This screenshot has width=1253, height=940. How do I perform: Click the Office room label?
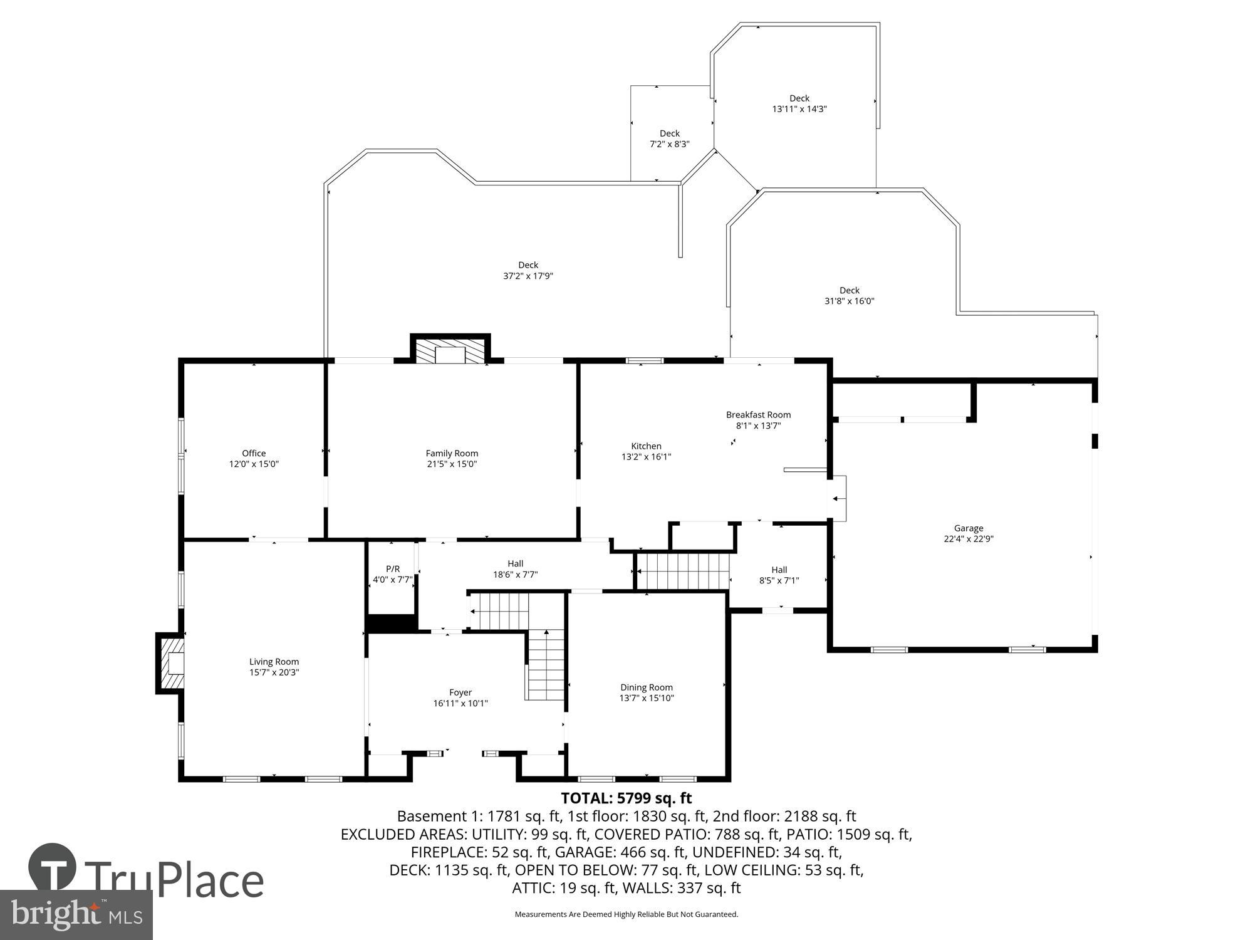[254, 453]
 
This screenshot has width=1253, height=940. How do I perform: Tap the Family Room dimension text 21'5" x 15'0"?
[451, 464]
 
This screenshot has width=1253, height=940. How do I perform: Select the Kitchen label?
[646, 446]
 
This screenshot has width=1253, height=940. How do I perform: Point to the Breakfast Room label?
[758, 415]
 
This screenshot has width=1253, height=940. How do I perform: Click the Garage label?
[969, 528]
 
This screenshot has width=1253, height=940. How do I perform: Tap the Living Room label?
[274, 662]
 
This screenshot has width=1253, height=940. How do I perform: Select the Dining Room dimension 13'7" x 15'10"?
[647, 698]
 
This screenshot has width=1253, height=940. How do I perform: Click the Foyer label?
[460, 692]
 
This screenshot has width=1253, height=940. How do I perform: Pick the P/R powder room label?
[393, 569]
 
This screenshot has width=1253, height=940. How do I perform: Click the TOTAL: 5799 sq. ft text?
[626, 798]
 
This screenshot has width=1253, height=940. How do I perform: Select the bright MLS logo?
[75, 914]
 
